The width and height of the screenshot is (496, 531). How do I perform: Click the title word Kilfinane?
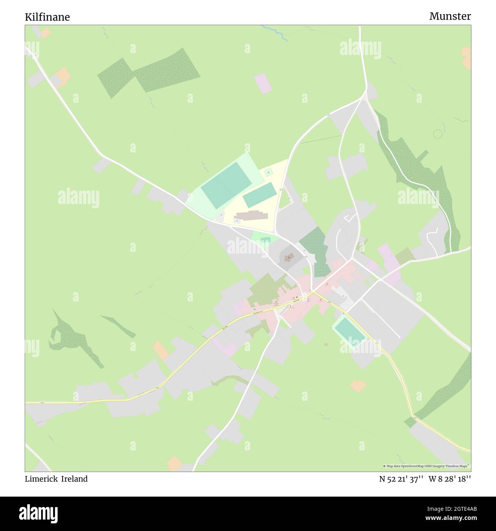[x=47, y=17]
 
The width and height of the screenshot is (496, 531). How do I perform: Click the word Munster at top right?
[x=450, y=16]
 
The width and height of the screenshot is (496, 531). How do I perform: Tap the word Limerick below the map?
[x=41, y=479]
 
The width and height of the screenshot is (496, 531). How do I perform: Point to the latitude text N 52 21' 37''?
[x=401, y=479]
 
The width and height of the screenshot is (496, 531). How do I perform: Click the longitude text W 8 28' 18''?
[x=449, y=479]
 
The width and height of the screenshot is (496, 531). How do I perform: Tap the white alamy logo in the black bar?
[x=39, y=513]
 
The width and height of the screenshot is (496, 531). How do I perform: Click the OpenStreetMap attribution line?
[x=426, y=466]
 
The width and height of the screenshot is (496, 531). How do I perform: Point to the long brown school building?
[x=251, y=216]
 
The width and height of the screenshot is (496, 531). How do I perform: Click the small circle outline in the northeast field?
[x=438, y=134]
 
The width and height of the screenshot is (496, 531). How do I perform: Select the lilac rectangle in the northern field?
[x=263, y=84]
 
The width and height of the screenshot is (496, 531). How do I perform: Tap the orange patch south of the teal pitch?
[x=358, y=386]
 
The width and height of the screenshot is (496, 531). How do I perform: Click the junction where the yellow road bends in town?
[x=312, y=293]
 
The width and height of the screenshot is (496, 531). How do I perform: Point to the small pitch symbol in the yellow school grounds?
[x=269, y=172]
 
